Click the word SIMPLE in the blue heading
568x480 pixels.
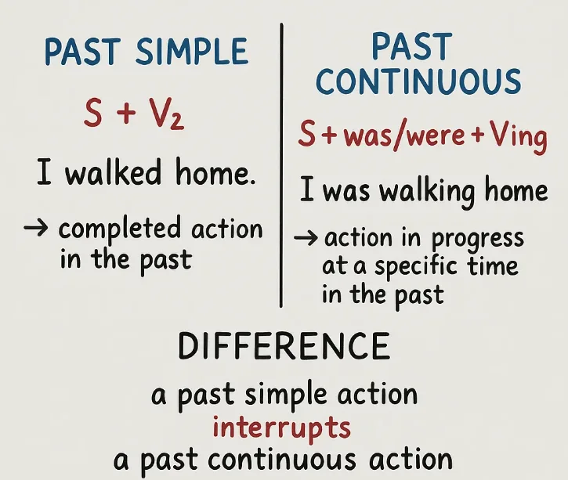coord(192,52)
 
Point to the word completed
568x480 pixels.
coord(120,230)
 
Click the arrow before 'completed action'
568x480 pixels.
coord(36,228)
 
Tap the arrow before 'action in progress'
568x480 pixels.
coord(306,238)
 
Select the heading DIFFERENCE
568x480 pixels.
coord(284,345)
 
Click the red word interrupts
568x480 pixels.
coord(281,428)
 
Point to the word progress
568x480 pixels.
coord(477,239)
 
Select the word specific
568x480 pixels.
coord(415,267)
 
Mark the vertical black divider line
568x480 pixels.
coord(281,165)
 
